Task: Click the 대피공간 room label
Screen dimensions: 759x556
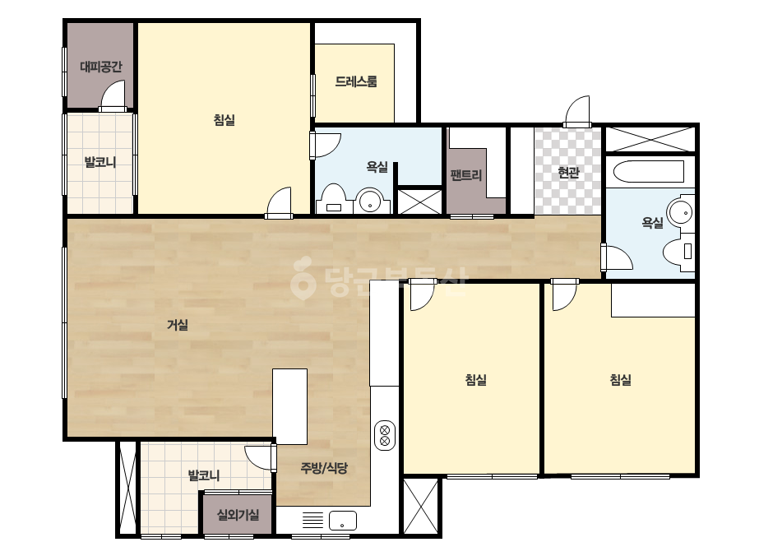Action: point(100,67)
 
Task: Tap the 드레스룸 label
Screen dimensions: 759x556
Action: point(356,81)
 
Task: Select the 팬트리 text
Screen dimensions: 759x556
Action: point(465,174)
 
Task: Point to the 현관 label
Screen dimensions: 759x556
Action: point(568,172)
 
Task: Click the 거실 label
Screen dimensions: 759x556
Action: point(178,325)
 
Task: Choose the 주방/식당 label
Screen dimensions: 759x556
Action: point(324,468)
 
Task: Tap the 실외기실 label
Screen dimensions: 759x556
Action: point(238,514)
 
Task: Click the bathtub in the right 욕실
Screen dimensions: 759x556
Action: point(649,171)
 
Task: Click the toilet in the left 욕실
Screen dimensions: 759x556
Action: point(334,199)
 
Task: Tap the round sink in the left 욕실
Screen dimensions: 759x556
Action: point(370,202)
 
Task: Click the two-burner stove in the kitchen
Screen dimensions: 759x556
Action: point(385,435)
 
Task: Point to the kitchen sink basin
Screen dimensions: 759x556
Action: point(342,521)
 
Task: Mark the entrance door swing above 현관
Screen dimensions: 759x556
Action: point(577,111)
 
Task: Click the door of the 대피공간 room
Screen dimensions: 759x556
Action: point(113,95)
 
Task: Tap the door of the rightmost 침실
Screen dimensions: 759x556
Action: point(564,295)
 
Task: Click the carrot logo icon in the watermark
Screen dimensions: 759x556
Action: point(303,279)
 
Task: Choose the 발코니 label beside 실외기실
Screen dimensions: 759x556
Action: point(204,475)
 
